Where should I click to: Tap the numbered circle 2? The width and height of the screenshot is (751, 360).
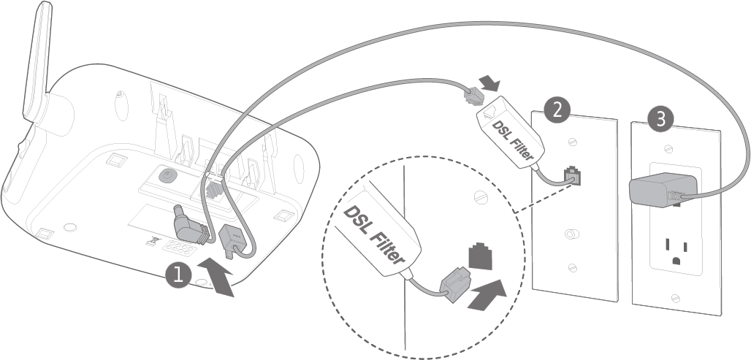(x=557, y=110)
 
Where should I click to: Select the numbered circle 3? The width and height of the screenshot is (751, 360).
(x=660, y=120)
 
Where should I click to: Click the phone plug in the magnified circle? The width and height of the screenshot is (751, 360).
(x=455, y=286)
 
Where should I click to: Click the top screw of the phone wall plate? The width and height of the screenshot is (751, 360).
(x=572, y=142)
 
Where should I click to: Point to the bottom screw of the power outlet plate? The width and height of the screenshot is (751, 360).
(x=675, y=298)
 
